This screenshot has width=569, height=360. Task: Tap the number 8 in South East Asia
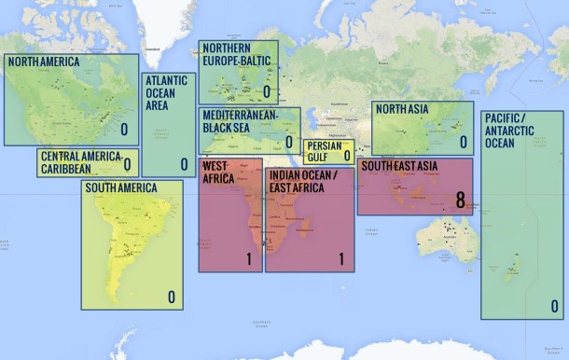coord(460,199)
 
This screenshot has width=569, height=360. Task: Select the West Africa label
coord(218,173)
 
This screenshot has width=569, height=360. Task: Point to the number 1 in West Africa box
coord(249,258)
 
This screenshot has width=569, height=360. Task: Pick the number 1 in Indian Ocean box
coord(341,258)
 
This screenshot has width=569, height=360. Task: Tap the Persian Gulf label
coord(325,152)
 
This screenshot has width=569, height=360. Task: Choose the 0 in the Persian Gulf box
coord(347,156)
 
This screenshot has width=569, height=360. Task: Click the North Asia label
coord(402,109)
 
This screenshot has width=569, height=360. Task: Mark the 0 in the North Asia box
coord(462,142)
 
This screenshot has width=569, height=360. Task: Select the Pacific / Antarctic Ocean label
coord(511,130)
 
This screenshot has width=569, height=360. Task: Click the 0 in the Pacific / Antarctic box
coord(554,305)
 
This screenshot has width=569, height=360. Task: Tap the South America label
coord(120,187)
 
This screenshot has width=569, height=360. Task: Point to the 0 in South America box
coord(172,298)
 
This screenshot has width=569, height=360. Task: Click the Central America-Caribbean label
coord(80,162)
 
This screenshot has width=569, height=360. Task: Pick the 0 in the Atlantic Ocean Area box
coord(184,164)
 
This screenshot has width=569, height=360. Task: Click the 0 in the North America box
coord(124,130)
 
